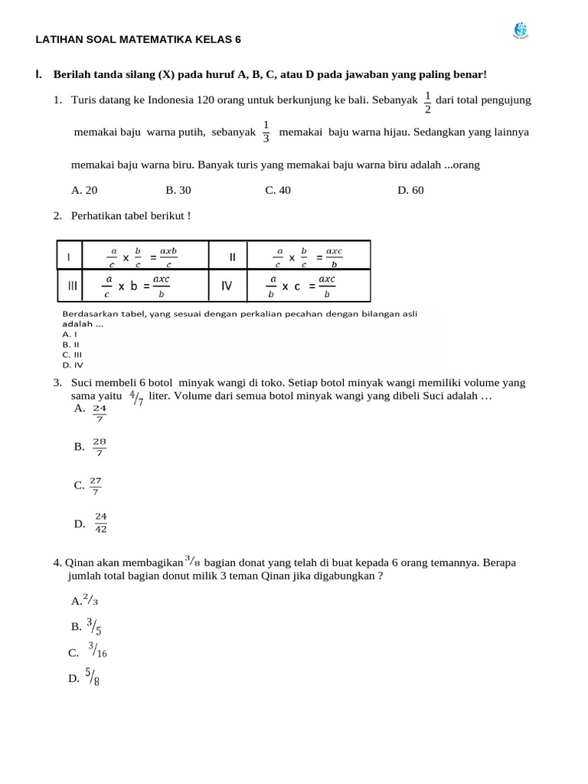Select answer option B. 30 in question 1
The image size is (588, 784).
pyautogui.click(x=178, y=191)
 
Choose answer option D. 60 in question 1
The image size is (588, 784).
pyautogui.click(x=410, y=191)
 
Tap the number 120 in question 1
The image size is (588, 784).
pyautogui.click(x=185, y=100)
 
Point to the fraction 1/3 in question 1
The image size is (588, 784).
pyautogui.click(x=266, y=132)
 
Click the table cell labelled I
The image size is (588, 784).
pyautogui.click(x=70, y=256)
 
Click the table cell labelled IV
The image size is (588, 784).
pyautogui.click(x=227, y=286)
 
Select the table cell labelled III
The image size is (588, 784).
pyautogui.click(x=73, y=286)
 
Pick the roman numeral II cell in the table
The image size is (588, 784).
pyautogui.click(x=232, y=256)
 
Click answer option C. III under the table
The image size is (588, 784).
pyautogui.click(x=72, y=354)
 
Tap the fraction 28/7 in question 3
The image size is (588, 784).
pyautogui.click(x=100, y=447)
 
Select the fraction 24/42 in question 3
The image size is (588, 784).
pyautogui.click(x=101, y=523)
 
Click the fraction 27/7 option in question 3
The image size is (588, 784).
pyautogui.click(x=96, y=485)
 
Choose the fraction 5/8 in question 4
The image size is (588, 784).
pyautogui.click(x=93, y=677)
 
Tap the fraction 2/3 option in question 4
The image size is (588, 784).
pyautogui.click(x=90, y=601)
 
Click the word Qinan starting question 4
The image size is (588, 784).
pyautogui.click(x=78, y=563)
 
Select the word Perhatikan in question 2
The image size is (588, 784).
pyautogui.click(x=95, y=216)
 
